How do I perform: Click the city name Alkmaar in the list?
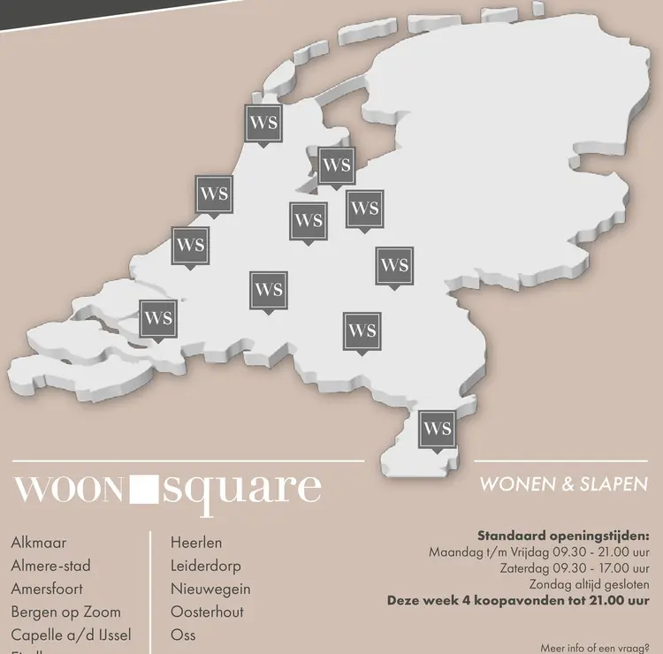pyautogui.click(x=39, y=543)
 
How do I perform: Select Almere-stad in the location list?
pyautogui.click(x=51, y=566)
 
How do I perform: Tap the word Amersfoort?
pyautogui.click(x=50, y=589)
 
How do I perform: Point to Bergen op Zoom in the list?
pyautogui.click(x=66, y=612)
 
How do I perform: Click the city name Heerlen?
pyautogui.click(x=196, y=543)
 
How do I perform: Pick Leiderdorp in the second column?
pyautogui.click(x=206, y=566)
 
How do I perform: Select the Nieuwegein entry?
pyautogui.click(x=210, y=589)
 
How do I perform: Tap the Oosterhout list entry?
pyautogui.click(x=207, y=612)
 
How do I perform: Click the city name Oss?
pyautogui.click(x=183, y=635)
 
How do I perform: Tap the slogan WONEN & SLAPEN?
pyautogui.click(x=564, y=484)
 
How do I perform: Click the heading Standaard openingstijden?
pyautogui.click(x=563, y=536)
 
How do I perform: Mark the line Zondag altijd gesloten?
pyautogui.click(x=590, y=584)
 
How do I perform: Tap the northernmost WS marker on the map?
pyautogui.click(x=263, y=123)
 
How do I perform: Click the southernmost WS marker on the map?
pyautogui.click(x=438, y=430)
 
